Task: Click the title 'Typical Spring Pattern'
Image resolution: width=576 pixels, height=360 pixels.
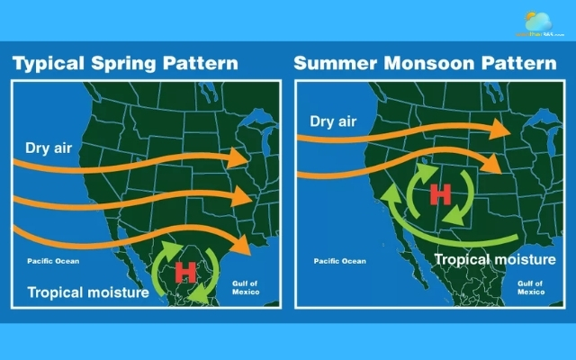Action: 124,64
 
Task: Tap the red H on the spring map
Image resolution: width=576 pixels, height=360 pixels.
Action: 185,270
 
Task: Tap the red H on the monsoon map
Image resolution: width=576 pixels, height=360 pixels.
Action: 440,193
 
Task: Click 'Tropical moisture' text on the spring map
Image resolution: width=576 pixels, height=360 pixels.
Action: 87,292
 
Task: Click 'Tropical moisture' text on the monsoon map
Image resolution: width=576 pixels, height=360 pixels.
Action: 495,259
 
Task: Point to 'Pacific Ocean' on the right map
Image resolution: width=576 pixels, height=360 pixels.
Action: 339,262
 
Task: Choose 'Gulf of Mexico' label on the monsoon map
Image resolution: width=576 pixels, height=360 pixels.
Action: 531,286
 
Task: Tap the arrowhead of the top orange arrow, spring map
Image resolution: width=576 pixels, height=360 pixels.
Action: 239,157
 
